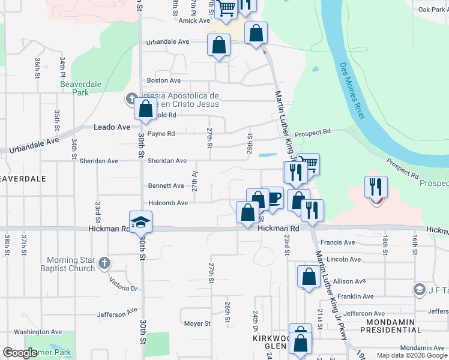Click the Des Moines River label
point(352,91)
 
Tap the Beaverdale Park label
point(80,88)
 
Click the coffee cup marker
point(273,198)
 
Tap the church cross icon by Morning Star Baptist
point(104,263)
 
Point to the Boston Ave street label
point(164,80)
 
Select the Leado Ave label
point(112,127)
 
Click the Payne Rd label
point(161,133)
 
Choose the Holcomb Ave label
point(168,203)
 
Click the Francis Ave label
point(337,242)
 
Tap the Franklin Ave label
point(355,296)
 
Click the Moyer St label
point(197,323)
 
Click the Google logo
point(20,353)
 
